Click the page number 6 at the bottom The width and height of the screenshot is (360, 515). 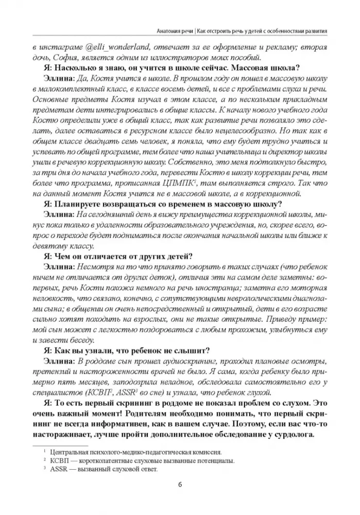[x=180, y=485]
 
